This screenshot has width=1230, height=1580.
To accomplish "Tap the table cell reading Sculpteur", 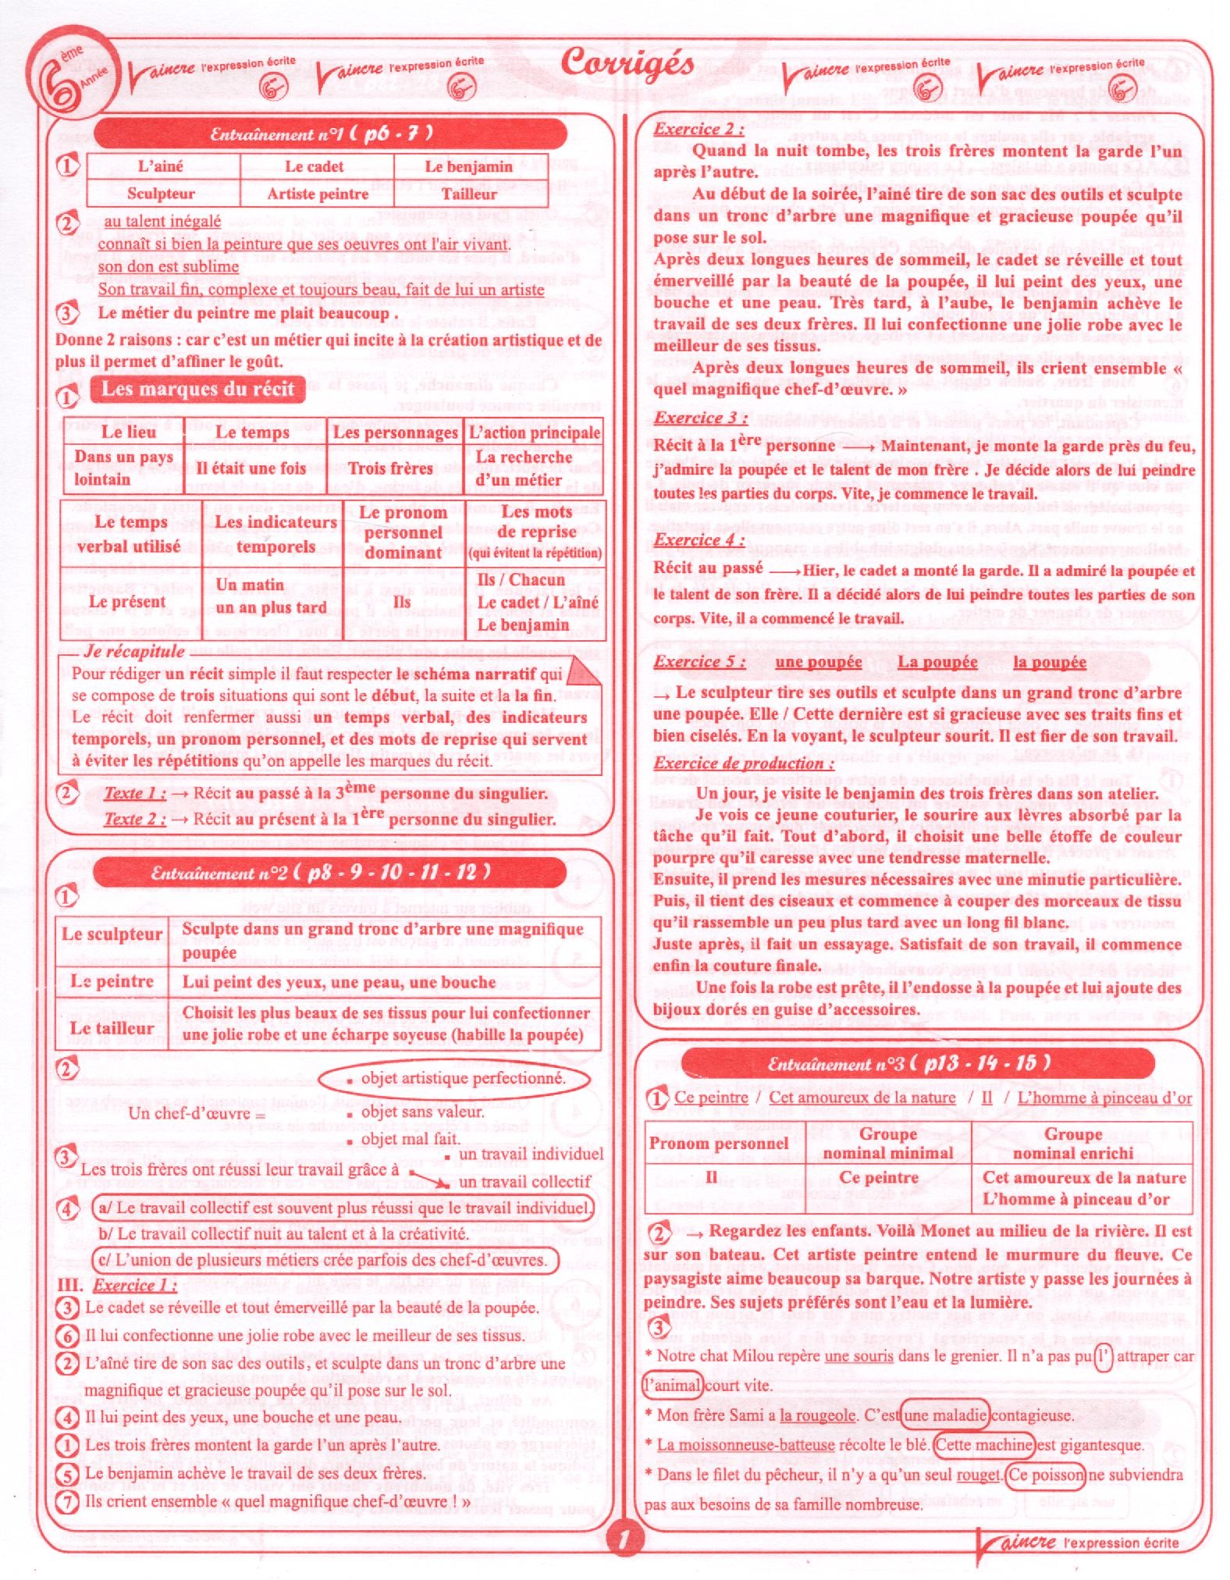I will tap(161, 194).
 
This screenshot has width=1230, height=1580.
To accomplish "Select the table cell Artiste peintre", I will tap(318, 194).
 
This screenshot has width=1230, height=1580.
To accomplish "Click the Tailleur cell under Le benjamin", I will tap(469, 194).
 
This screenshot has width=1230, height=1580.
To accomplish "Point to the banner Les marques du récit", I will tap(197, 389).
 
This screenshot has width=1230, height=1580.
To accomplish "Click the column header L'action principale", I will tap(535, 432).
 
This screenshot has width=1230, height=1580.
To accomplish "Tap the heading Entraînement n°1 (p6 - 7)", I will tap(322, 133).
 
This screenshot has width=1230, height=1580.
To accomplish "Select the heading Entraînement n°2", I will tap(322, 872).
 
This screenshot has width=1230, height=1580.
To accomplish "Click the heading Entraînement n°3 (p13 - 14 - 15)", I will tap(909, 1063).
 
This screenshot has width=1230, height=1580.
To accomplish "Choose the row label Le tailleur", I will tap(112, 1028).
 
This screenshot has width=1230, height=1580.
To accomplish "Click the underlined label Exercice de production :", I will tap(743, 763).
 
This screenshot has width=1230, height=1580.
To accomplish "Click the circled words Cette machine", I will tap(984, 1444).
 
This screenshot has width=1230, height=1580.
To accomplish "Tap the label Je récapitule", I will tap(134, 651).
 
